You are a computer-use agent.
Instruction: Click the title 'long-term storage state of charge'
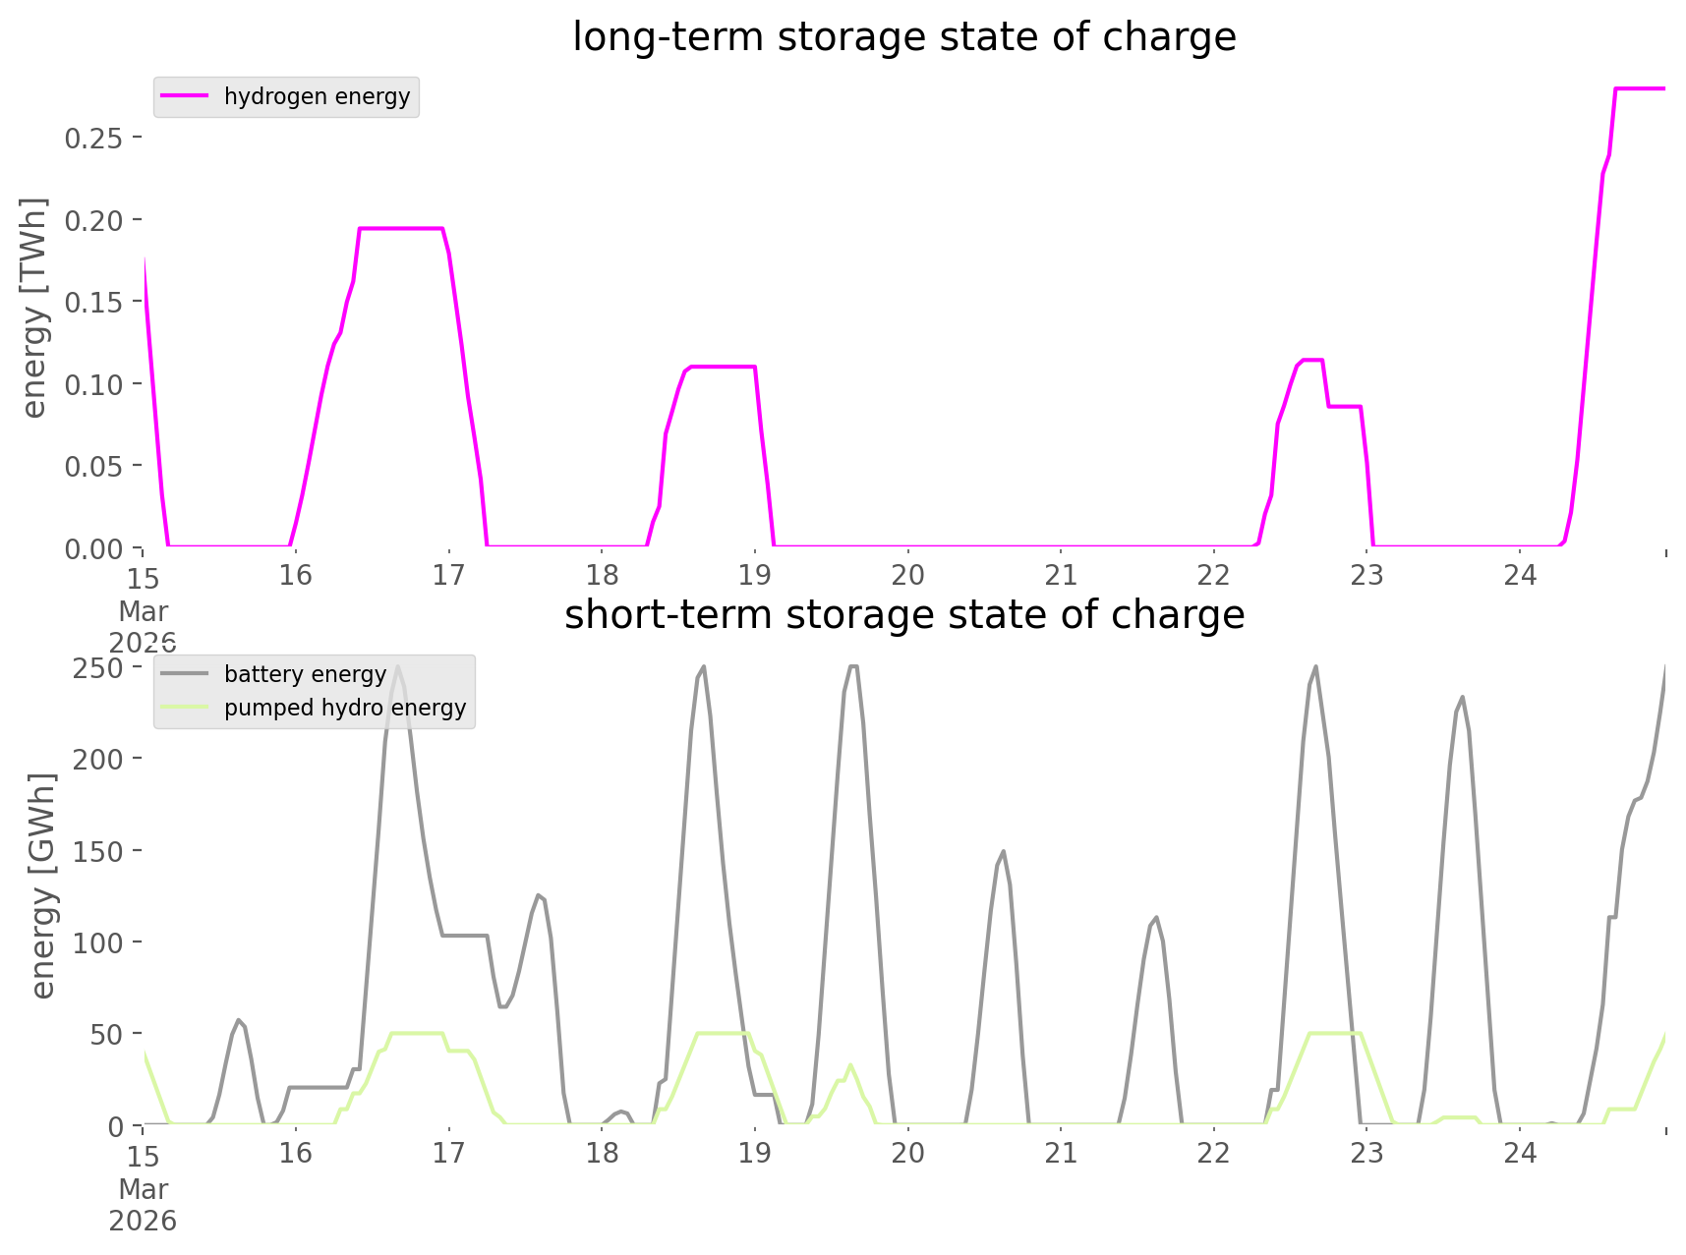coord(903,37)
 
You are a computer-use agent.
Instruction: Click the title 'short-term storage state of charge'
coord(903,615)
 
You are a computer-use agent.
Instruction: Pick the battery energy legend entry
coord(305,674)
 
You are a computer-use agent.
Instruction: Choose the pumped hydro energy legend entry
coord(344,708)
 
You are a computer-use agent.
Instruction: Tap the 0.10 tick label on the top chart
coord(94,384)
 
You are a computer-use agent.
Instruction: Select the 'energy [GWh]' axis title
coord(43,885)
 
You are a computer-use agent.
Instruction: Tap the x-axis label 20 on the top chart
coord(907,575)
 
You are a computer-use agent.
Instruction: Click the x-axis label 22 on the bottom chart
coord(1214,1153)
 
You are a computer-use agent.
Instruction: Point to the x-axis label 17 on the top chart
coord(448,575)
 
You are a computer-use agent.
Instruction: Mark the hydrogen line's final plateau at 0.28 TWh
coord(1640,89)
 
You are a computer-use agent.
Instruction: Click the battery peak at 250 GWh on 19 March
coord(852,667)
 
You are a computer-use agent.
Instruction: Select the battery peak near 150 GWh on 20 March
coord(1002,852)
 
